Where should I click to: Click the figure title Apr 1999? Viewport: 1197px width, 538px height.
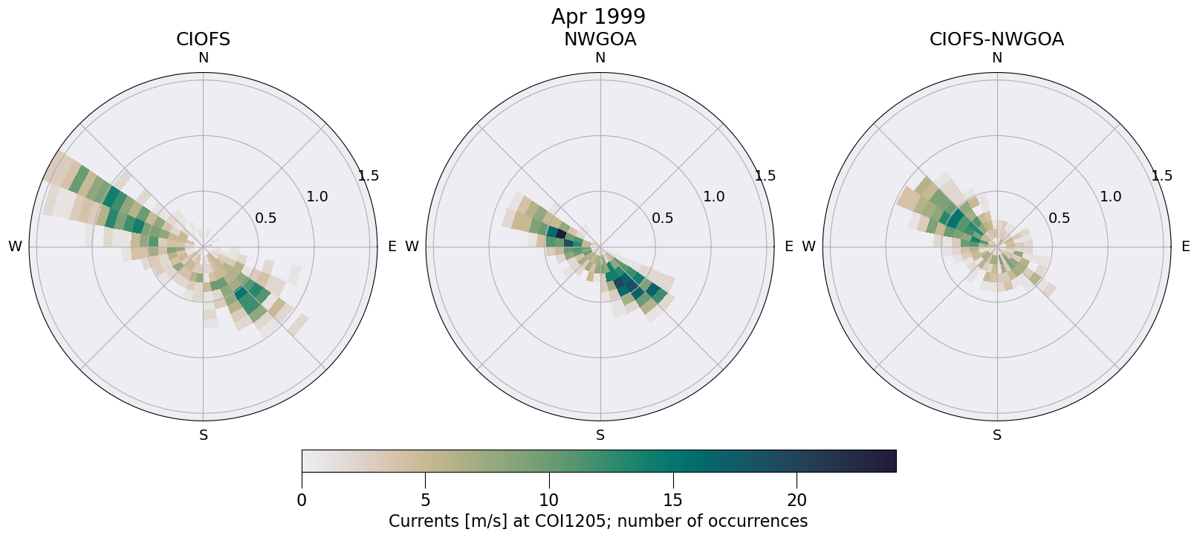click(598, 16)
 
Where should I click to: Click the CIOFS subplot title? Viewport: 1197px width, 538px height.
click(203, 39)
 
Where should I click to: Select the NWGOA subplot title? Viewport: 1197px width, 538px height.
click(600, 39)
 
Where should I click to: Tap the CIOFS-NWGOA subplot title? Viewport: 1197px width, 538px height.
click(996, 39)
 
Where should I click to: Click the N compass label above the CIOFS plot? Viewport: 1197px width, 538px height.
click(203, 58)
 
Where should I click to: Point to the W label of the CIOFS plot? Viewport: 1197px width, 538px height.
click(15, 247)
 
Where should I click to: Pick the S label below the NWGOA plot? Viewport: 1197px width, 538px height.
click(600, 435)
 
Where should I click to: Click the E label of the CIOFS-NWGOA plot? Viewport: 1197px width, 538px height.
click(1186, 247)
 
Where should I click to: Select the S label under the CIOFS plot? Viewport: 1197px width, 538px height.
click(204, 435)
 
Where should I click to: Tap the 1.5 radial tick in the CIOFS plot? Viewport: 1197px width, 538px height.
click(369, 176)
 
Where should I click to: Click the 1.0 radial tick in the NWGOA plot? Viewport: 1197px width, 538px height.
click(714, 197)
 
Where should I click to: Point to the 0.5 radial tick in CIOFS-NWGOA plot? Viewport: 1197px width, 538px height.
click(1060, 218)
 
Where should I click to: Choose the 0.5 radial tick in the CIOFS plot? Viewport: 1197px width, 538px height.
click(266, 218)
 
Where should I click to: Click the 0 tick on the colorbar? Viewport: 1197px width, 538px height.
click(302, 500)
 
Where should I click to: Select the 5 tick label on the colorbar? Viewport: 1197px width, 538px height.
click(425, 500)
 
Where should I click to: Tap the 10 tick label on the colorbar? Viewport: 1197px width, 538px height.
click(549, 500)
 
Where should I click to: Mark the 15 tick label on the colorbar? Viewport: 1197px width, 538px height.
click(672, 500)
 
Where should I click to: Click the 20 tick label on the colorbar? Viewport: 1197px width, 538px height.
click(797, 500)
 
